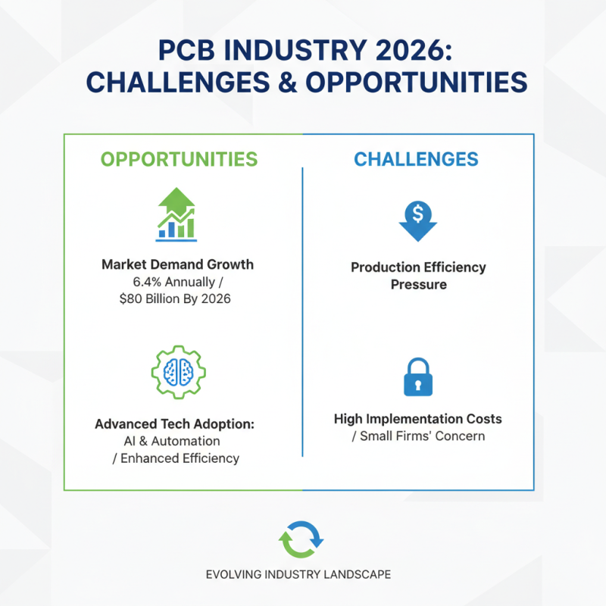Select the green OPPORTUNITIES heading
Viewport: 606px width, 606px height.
[179, 159]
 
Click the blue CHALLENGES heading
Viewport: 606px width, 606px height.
[416, 159]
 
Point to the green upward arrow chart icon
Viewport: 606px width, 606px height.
[177, 214]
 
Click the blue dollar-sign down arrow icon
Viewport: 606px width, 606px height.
[417, 220]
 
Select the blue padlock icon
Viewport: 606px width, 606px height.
[417, 376]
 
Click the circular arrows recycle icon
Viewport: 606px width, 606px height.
[301, 540]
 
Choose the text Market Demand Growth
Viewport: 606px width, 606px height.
[177, 265]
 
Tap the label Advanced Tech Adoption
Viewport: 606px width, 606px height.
[174, 424]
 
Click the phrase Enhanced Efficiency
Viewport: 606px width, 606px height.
[185, 458]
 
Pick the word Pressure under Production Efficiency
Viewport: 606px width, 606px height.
[418, 285]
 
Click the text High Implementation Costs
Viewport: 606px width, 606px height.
[417, 419]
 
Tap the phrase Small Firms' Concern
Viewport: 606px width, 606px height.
[422, 436]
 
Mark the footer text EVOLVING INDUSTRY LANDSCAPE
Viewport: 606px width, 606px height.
[298, 574]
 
